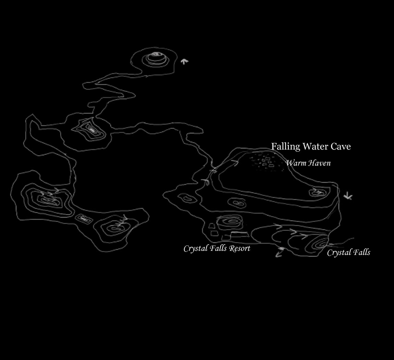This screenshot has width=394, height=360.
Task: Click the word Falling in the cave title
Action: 285,146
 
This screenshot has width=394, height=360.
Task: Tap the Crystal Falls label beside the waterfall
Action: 348,252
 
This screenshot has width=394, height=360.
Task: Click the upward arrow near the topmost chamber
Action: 184,62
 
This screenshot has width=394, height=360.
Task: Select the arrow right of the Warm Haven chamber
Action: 348,196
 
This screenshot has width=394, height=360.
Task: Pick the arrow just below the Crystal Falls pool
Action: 279,252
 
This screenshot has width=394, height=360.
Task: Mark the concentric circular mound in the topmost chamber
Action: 156,59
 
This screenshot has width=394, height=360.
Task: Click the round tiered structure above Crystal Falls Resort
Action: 230,222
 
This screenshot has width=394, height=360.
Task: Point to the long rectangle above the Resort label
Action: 239,234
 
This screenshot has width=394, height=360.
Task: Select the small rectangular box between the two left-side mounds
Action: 84,219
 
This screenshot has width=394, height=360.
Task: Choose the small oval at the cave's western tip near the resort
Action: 187,199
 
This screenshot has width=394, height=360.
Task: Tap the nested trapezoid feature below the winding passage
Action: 89,131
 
